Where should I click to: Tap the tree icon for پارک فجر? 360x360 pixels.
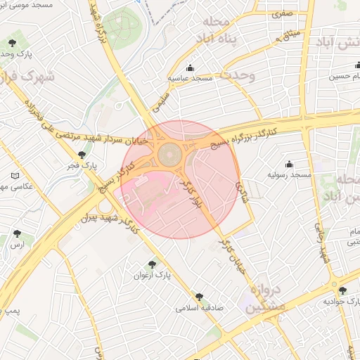click(82, 155)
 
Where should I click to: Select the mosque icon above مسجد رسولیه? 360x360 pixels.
click(290, 164)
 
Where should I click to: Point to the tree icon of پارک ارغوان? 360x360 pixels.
click(152, 264)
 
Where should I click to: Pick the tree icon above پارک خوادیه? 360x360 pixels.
click(342, 290)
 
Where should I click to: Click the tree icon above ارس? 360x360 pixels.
click(17, 233)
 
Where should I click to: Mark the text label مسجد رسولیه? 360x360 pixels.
click(292, 174)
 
